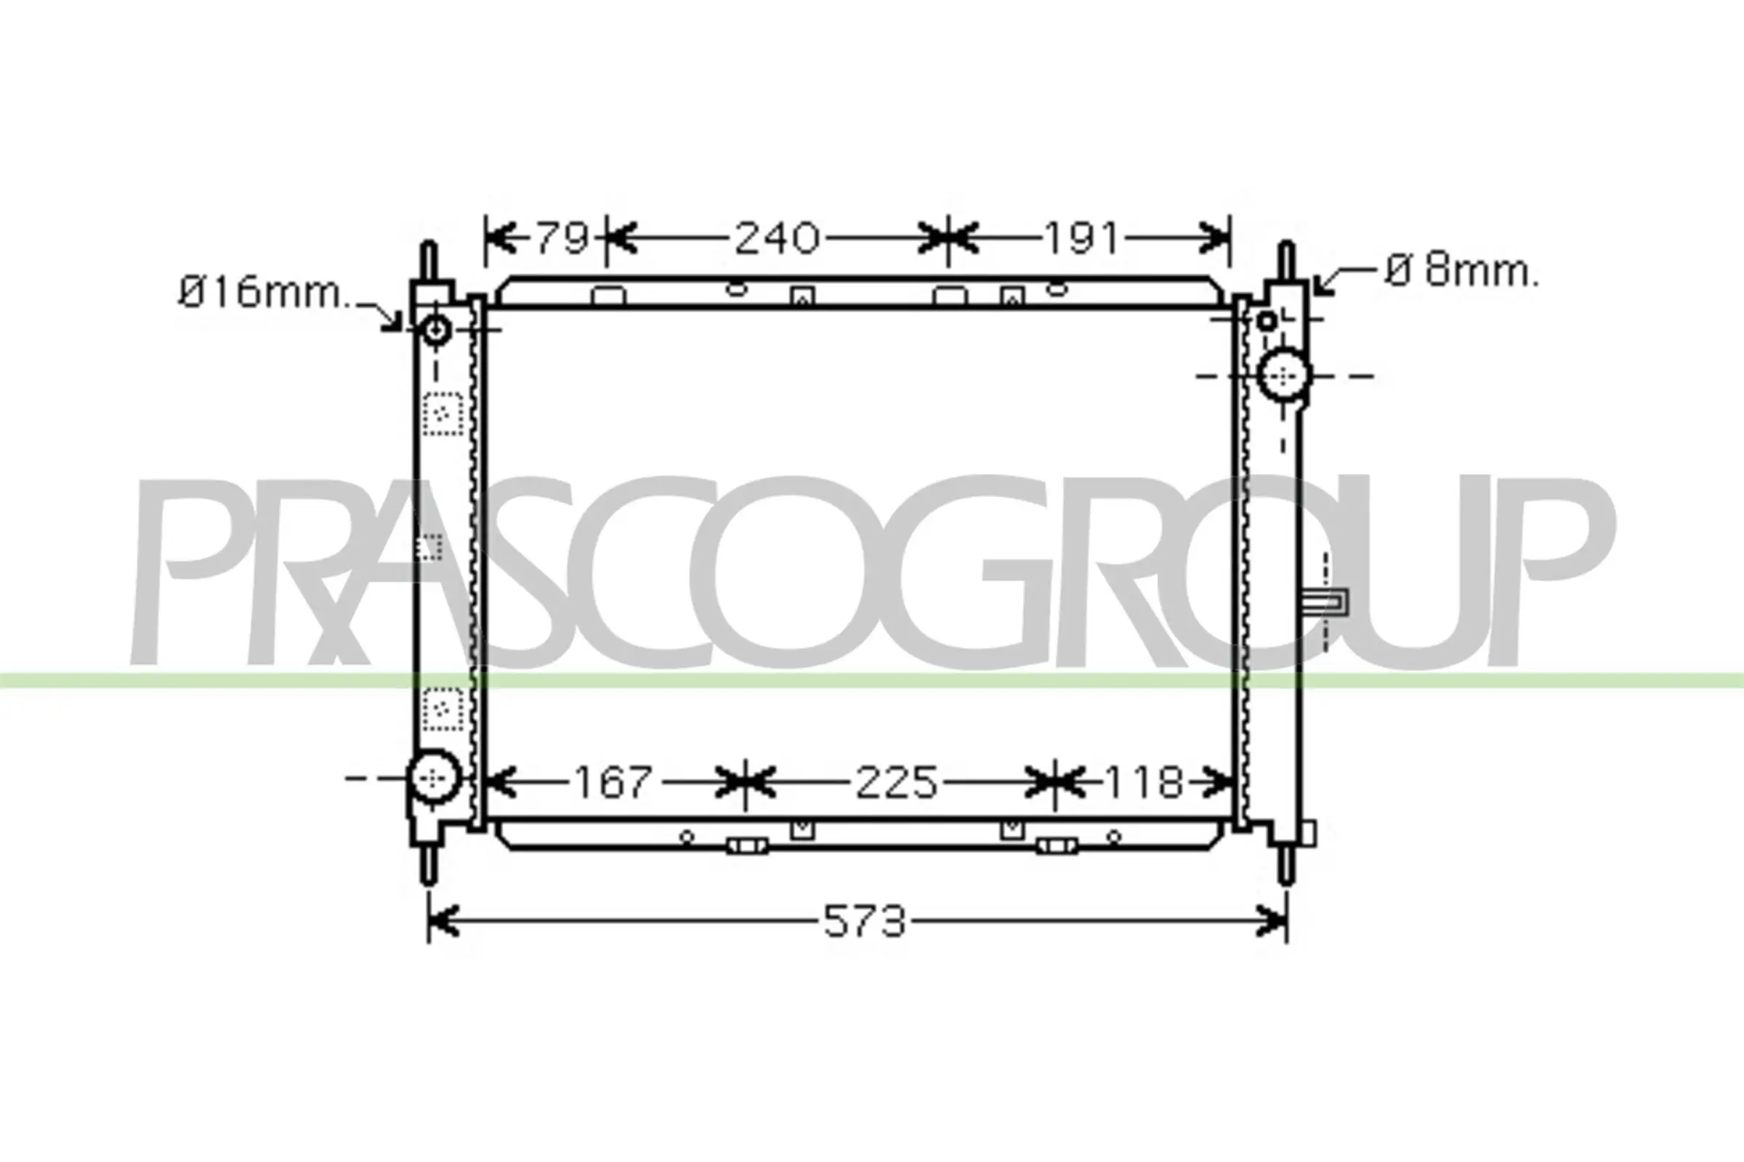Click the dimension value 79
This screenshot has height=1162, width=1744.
pyautogui.click(x=562, y=238)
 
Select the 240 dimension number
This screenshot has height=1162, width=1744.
pyautogui.click(x=776, y=238)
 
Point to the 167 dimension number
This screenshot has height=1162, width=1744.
pyautogui.click(x=613, y=783)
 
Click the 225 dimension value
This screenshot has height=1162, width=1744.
pyautogui.click(x=897, y=783)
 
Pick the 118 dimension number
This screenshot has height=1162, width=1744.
pyautogui.click(x=1142, y=783)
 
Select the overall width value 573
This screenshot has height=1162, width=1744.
pyautogui.click(x=865, y=922)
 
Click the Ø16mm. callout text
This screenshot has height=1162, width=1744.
pyautogui.click(x=264, y=293)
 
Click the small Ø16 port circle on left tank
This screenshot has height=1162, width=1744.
pyautogui.click(x=436, y=328)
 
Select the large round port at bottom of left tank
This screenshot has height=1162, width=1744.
pyautogui.click(x=435, y=777)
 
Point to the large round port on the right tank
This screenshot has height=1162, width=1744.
pyautogui.click(x=1285, y=375)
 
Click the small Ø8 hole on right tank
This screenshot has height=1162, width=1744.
pyautogui.click(x=1267, y=321)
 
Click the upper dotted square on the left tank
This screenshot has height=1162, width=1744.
pyautogui.click(x=443, y=413)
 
